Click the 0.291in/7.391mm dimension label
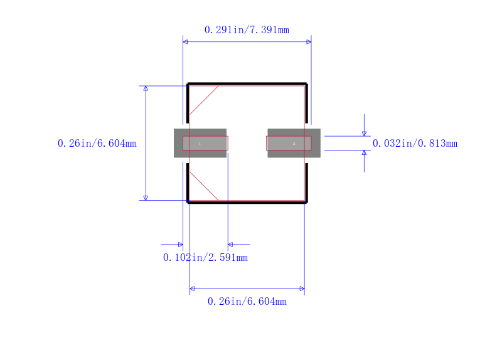pyautogui.click(x=247, y=29)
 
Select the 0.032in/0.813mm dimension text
pyautogui.click(x=415, y=144)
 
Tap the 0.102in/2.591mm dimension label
pyautogui.click(x=205, y=258)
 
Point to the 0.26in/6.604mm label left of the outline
pyautogui.click(x=97, y=144)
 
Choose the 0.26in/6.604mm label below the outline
pyautogui.click(x=247, y=302)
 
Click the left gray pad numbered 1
pyautogui.click(x=200, y=143)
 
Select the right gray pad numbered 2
pyautogui.click(x=294, y=143)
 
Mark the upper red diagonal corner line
pyautogui.click(x=204, y=100)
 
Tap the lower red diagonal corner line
pyautogui.click(x=204, y=186)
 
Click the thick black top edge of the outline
pyautogui.click(x=247, y=83)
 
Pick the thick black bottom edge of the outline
pyautogui.click(x=247, y=202)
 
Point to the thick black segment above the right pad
pyautogui.click(x=306, y=103)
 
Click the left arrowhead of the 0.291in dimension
pyautogui.click(x=185, y=42)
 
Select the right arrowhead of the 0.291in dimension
pyautogui.click(x=309, y=42)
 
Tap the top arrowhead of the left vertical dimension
pyautogui.click(x=146, y=88)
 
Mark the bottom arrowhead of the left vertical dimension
pyautogui.click(x=146, y=198)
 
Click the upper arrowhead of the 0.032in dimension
pyautogui.click(x=364, y=133)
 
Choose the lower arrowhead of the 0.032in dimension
pyautogui.click(x=364, y=153)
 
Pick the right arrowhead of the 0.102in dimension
pyautogui.click(x=230, y=245)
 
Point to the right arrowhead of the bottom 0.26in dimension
pyautogui.click(x=302, y=289)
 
